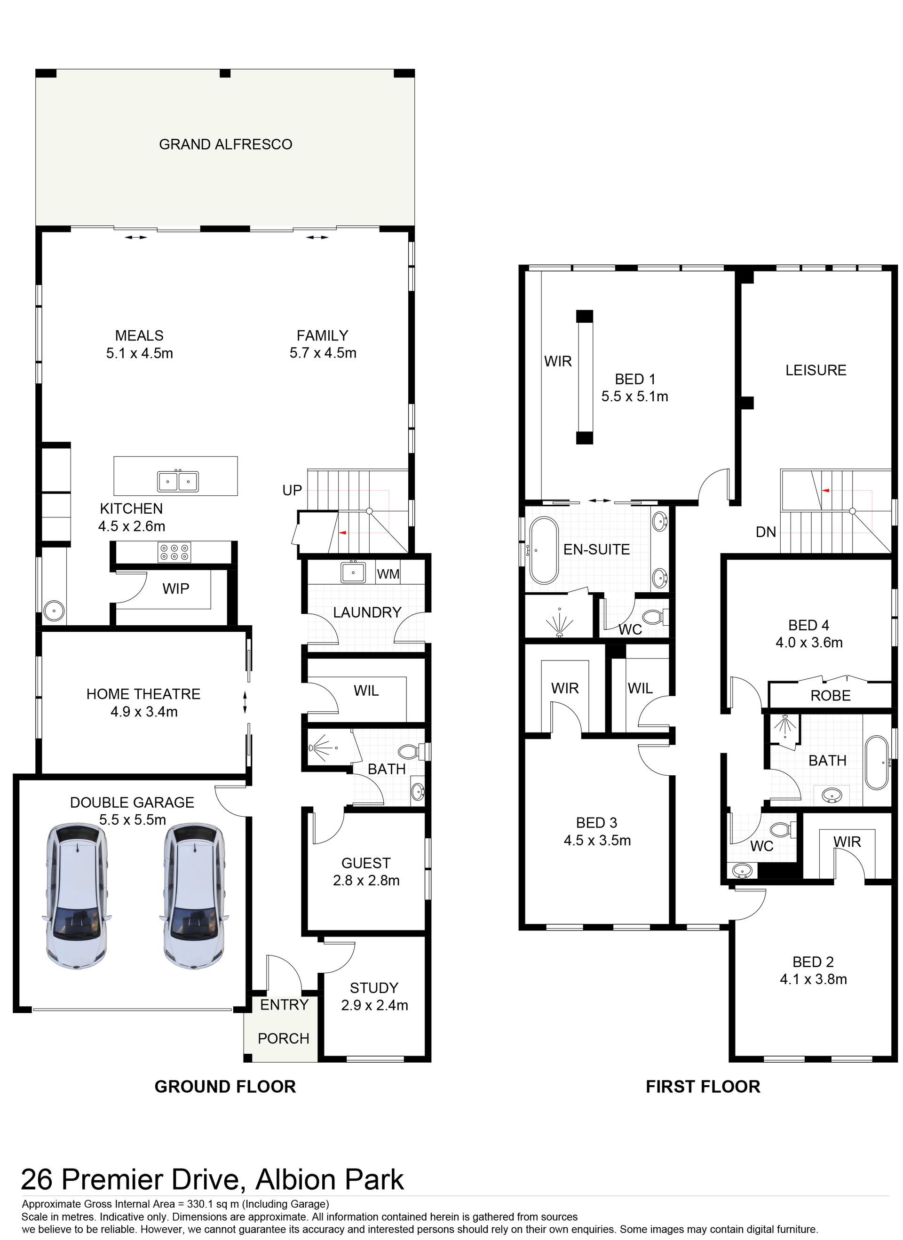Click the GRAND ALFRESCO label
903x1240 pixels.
click(x=225, y=144)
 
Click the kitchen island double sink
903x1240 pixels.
click(x=178, y=481)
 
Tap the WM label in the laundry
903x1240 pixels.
click(x=388, y=574)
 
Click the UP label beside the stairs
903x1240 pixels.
click(x=292, y=491)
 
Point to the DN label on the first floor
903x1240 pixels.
click(x=766, y=532)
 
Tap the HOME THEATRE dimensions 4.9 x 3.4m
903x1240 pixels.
click(x=144, y=712)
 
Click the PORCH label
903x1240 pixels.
click(x=283, y=1038)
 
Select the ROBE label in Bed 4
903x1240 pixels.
click(x=830, y=696)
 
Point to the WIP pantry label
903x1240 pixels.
click(x=175, y=589)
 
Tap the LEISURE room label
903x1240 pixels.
click(x=816, y=370)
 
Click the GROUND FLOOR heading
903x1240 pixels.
click(x=225, y=1086)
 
